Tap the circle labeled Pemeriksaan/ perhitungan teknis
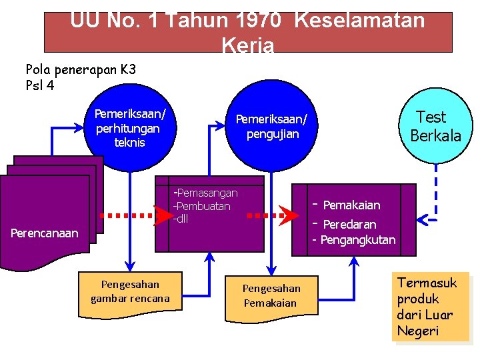(130, 127)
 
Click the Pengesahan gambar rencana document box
(130, 291)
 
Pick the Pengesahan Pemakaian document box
(271, 296)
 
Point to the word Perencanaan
(45, 233)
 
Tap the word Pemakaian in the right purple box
(351, 205)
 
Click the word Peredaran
(349, 224)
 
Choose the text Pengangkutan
(357, 240)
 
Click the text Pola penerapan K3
(81, 69)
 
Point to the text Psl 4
(39, 85)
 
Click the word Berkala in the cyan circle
(435, 135)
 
